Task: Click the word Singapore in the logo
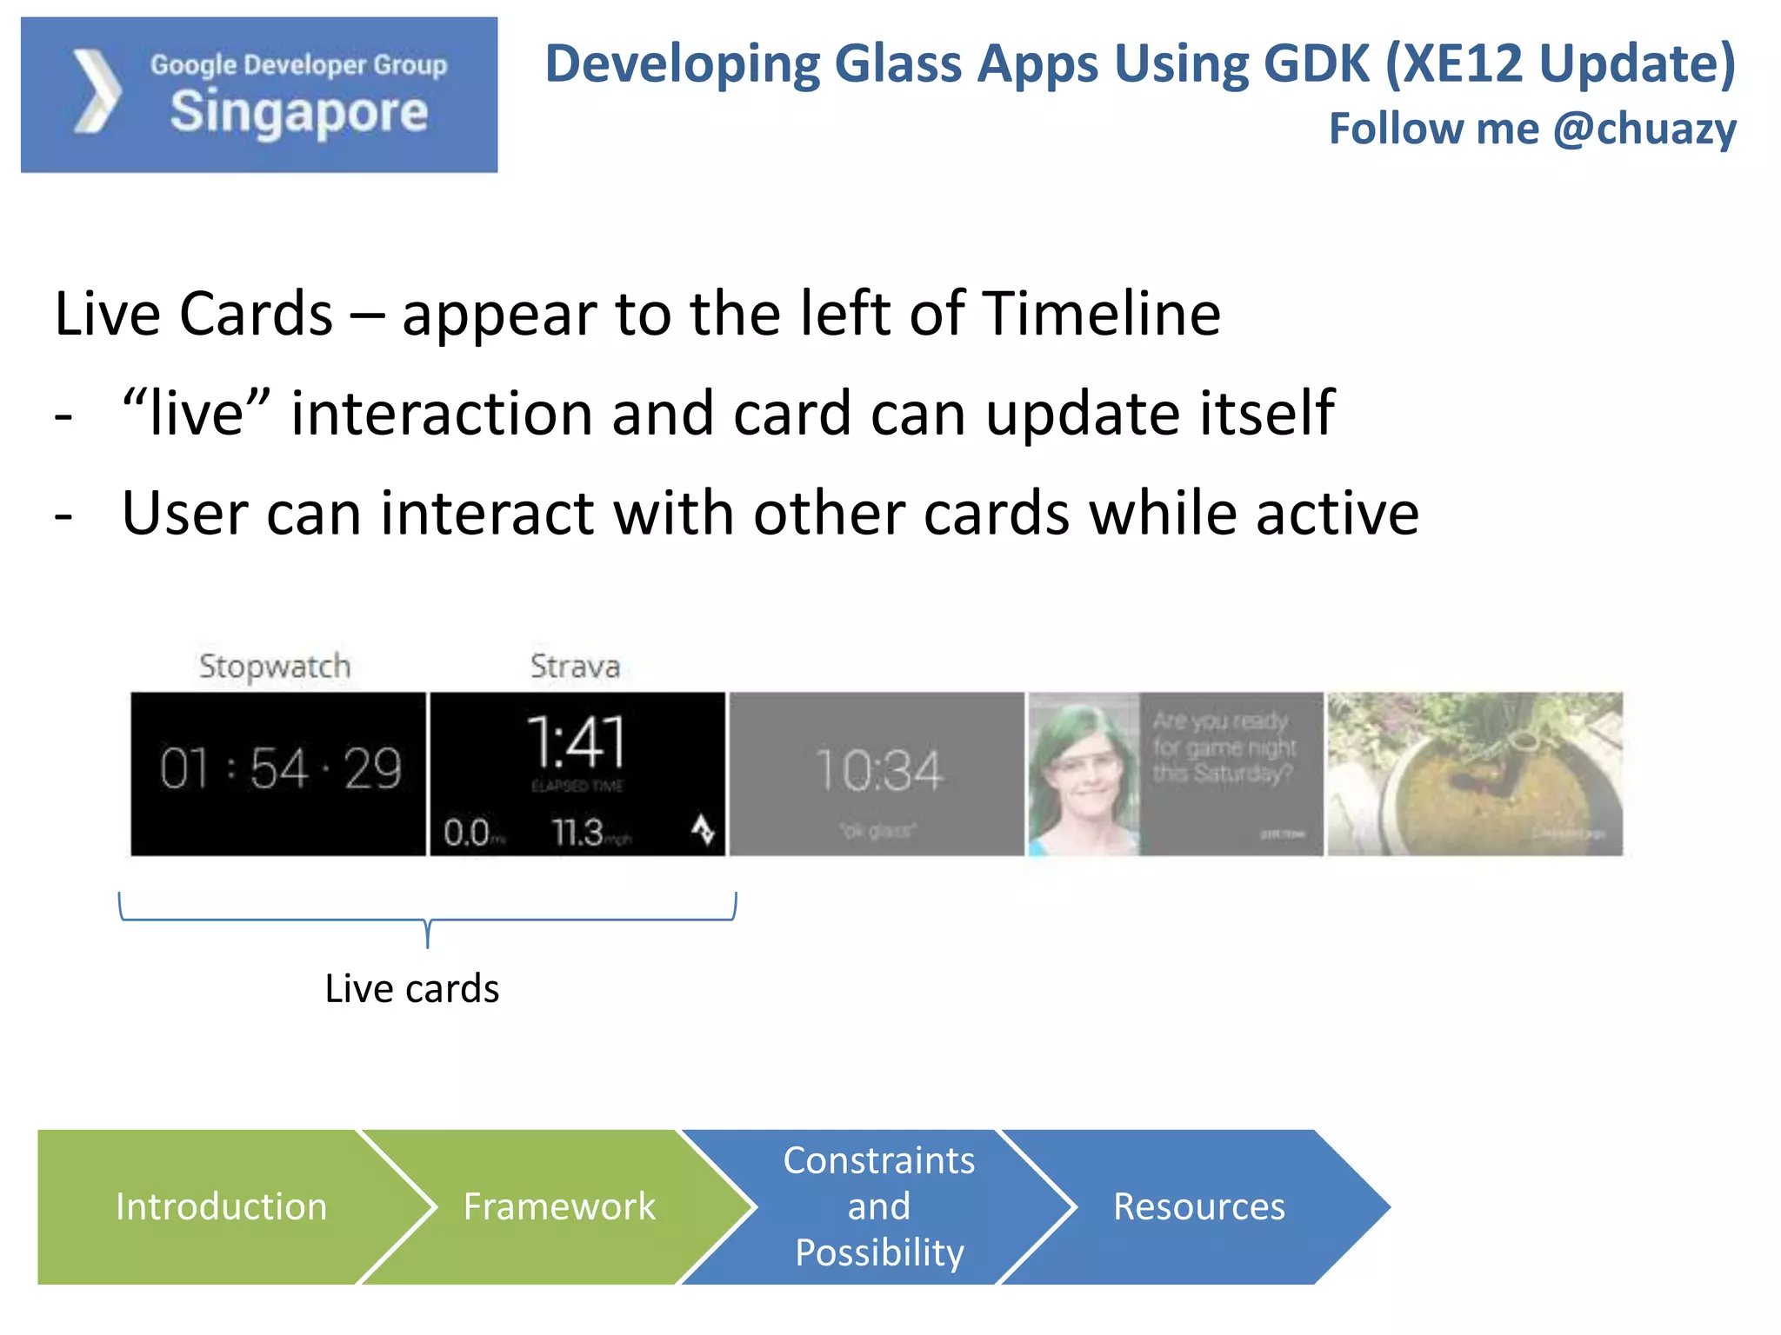click(x=298, y=112)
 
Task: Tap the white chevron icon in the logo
click(x=97, y=91)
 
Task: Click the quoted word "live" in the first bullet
click(x=197, y=413)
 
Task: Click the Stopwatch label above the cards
click(x=275, y=666)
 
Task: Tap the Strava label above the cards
click(x=575, y=666)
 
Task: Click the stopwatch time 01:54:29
click(x=279, y=769)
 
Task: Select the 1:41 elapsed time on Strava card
click(x=577, y=743)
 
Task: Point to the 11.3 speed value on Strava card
click(x=578, y=833)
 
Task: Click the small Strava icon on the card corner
click(x=703, y=829)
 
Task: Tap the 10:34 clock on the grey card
click(x=878, y=770)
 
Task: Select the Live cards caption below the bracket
click(x=411, y=988)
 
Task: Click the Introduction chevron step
click(x=221, y=1206)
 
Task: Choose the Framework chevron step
click(x=558, y=1206)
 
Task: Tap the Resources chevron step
click(x=1198, y=1206)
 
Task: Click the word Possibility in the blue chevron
click(x=879, y=1252)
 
